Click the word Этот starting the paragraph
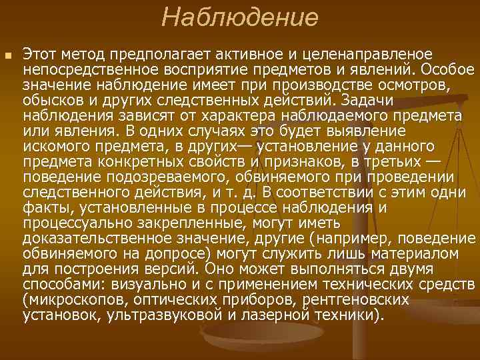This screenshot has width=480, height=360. click(41, 53)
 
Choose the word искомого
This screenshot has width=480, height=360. click(53, 146)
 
